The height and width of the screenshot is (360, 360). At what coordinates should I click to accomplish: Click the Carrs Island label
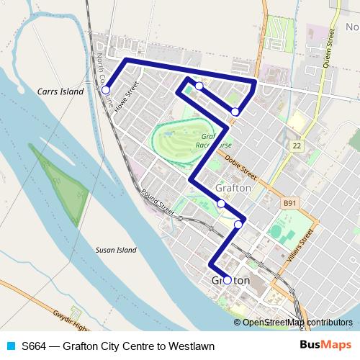[x=61, y=92]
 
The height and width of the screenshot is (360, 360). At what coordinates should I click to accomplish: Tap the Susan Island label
[x=115, y=251]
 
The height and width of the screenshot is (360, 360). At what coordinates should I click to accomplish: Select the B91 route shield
[x=289, y=204]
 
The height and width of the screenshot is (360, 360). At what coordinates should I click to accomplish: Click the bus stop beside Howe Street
[x=106, y=91]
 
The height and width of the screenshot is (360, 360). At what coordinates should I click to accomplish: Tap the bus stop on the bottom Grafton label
[x=227, y=280]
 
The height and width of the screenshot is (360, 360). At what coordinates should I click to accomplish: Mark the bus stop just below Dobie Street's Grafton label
[x=221, y=204]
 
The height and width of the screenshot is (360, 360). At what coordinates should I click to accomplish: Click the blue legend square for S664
[x=11, y=346]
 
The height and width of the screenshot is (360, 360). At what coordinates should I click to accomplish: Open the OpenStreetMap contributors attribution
[x=297, y=323]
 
